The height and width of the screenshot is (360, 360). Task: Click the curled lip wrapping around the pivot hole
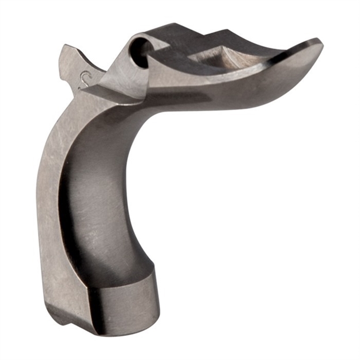click(x=130, y=55)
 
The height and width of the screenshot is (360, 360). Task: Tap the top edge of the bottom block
click(x=124, y=275)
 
